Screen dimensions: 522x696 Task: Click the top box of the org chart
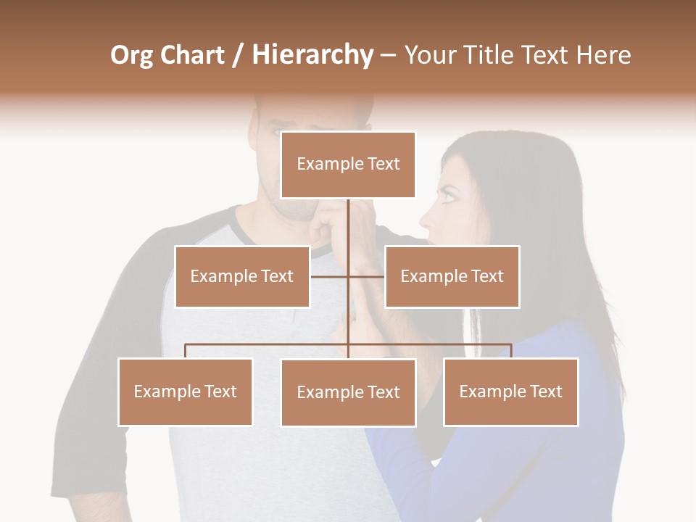tap(348, 165)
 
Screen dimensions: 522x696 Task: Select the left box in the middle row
tap(242, 276)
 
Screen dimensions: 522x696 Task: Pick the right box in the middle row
tap(452, 276)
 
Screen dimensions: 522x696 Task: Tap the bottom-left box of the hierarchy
tap(186, 391)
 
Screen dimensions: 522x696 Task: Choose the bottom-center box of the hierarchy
tap(348, 392)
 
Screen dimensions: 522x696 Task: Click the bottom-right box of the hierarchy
tap(510, 391)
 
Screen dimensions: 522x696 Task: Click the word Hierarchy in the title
tap(312, 55)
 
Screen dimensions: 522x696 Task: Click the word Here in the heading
tap(603, 55)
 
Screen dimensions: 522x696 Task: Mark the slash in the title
tap(238, 55)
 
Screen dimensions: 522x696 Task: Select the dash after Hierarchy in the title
tap(388, 55)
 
